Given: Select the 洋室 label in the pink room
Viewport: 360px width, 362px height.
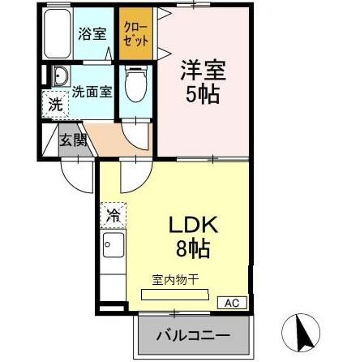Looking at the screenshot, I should point(203,70).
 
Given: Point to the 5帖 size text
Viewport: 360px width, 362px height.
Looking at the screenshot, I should point(204,94).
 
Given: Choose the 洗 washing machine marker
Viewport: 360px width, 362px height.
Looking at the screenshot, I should point(54,104).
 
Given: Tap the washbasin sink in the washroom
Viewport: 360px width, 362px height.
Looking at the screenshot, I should point(61,80).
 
